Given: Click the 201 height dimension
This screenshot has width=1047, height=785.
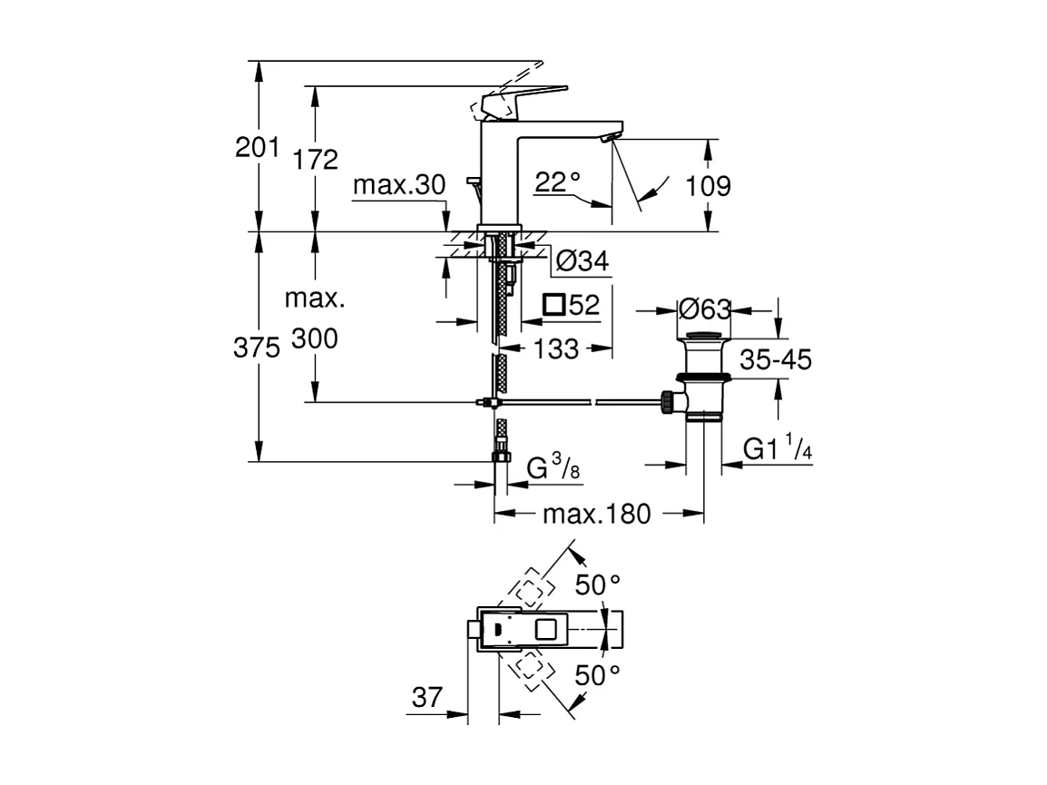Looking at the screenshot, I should click(x=257, y=147).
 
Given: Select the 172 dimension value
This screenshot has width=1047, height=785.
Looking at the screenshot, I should click(x=316, y=161).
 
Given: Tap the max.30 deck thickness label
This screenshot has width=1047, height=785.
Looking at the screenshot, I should click(x=399, y=186).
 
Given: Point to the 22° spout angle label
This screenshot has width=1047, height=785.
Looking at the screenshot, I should click(x=557, y=182).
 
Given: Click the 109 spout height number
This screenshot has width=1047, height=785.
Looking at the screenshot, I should click(x=709, y=186).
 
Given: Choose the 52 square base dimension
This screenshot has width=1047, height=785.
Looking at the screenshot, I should click(x=572, y=305).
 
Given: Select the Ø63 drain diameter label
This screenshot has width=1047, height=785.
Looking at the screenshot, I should click(x=704, y=309).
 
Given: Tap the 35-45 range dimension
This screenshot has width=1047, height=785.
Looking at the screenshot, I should click(x=776, y=360).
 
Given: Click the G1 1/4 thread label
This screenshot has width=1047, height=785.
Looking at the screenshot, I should click(x=777, y=447).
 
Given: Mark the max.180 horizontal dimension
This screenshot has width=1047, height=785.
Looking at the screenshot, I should click(x=596, y=515).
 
